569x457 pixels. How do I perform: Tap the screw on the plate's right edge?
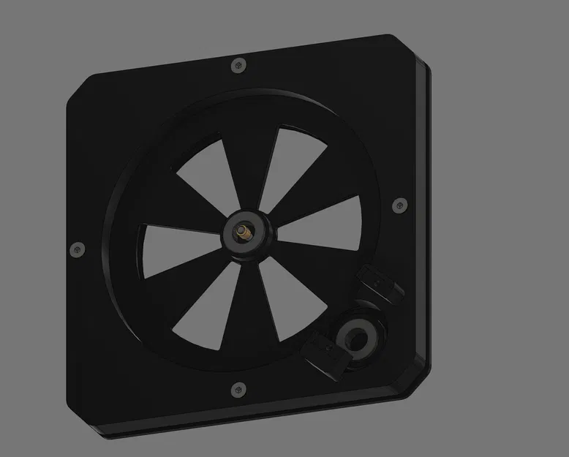click(x=399, y=205)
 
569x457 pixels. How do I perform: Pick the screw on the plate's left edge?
click(x=75, y=250)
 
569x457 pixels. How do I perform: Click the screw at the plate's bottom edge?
click(x=235, y=389)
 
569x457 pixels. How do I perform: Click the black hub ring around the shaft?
click(x=253, y=242)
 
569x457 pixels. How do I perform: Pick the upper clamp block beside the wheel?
click(x=381, y=284)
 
